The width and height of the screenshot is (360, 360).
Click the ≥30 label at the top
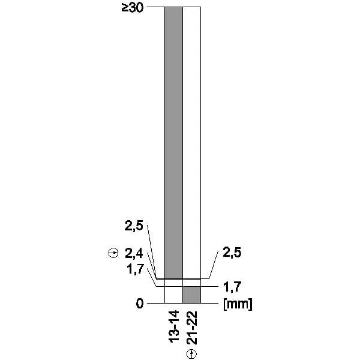coord(133,8)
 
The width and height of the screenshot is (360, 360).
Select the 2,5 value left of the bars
coord(134,226)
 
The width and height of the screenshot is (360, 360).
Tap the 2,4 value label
coord(134,254)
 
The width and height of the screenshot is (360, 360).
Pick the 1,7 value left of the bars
coord(136,269)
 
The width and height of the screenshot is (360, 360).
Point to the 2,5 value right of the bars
coord(232,253)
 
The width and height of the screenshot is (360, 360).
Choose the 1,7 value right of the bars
coord(232,287)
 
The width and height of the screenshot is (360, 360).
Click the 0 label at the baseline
coord(140,304)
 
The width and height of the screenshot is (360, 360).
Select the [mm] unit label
coord(238,304)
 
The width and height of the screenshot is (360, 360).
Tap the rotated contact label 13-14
coord(174,326)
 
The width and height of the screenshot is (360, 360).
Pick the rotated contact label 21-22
coord(192,328)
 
